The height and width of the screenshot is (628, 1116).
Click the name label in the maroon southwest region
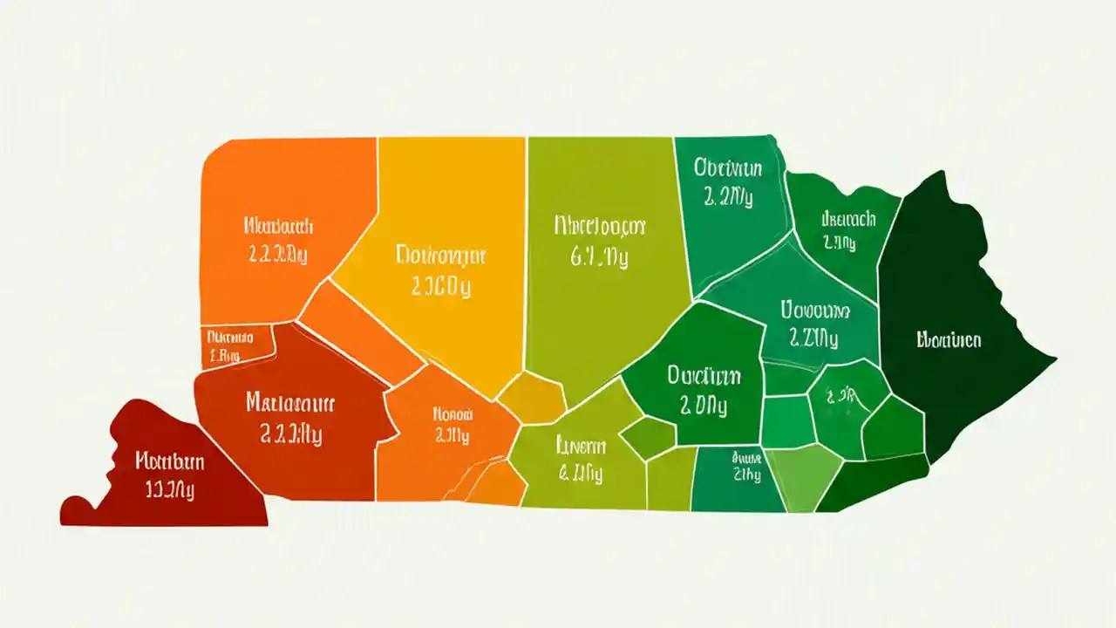click(x=170, y=461)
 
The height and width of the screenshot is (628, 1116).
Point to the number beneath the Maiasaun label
click(x=291, y=436)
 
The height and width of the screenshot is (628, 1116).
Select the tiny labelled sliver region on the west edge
click(x=228, y=345)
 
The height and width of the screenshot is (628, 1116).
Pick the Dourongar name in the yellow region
click(x=440, y=256)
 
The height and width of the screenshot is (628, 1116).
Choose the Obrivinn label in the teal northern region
click(x=728, y=167)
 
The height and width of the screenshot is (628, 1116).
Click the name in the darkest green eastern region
click(x=949, y=340)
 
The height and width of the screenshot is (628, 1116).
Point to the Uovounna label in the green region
click(x=813, y=310)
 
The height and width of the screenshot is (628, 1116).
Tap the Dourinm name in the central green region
click(x=704, y=376)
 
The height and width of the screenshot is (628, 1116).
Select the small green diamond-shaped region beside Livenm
click(x=648, y=437)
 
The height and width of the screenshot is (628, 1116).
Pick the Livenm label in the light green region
click(x=580, y=447)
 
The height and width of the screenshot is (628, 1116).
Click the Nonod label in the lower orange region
click(x=453, y=414)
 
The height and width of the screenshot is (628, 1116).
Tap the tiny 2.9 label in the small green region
click(x=838, y=395)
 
